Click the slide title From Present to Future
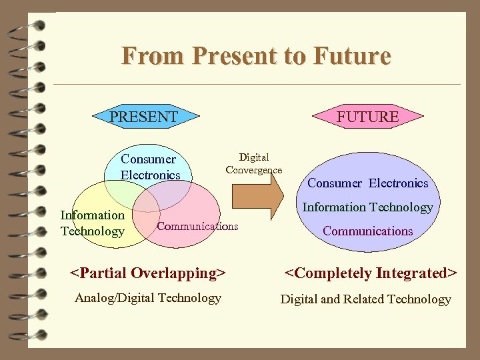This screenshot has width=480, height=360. (x=255, y=55)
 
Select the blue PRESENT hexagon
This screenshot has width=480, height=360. (x=144, y=117)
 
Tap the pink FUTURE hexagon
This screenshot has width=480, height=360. (x=367, y=117)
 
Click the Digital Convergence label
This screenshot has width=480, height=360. (x=254, y=163)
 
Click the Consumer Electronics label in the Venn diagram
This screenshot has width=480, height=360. (x=149, y=167)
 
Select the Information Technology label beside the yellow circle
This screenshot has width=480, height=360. (x=92, y=223)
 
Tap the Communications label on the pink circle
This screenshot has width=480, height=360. (x=197, y=226)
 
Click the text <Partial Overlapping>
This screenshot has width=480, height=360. (x=148, y=273)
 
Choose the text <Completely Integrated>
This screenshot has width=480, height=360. (x=371, y=273)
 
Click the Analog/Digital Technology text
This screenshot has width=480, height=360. (x=148, y=298)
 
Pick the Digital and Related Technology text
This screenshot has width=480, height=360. (x=365, y=299)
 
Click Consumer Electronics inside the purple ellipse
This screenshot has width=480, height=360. (x=367, y=183)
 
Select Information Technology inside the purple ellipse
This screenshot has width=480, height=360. (x=367, y=207)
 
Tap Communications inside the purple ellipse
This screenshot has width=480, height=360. (x=367, y=231)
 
